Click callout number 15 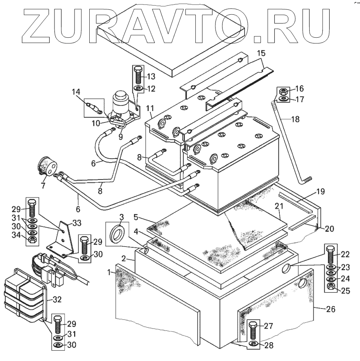click(x=261, y=53)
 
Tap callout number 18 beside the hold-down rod click(x=295, y=119)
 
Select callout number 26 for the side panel click(x=331, y=309)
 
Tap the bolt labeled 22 click(x=331, y=254)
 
